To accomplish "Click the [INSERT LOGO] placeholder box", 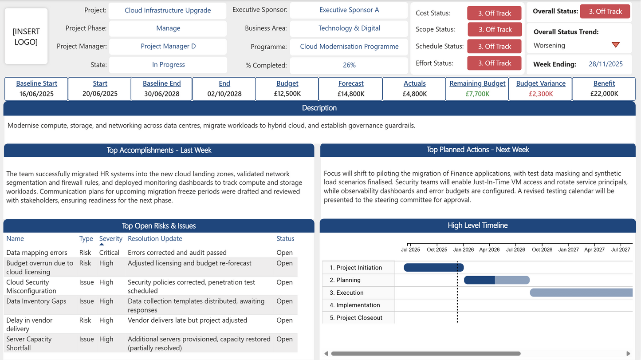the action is point(26,36).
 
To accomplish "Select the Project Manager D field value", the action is point(168,46).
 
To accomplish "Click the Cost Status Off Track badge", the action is point(494,13).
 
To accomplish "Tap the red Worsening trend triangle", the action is point(615,45).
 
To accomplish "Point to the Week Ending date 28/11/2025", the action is point(606,64).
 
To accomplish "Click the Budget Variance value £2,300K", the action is point(541,94).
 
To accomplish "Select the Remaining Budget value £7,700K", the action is point(477,94).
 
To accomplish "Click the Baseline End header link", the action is point(161,83).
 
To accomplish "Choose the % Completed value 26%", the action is point(349,65).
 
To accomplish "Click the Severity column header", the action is point(110,238).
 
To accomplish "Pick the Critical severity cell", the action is point(109,253).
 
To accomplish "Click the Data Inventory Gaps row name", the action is point(36,301).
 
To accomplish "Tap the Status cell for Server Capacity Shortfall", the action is point(284,339).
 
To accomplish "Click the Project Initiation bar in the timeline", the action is point(433,267).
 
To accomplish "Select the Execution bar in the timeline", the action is point(581,293).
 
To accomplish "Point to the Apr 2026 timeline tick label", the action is point(489,249).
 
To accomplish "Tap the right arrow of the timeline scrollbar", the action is point(628,354).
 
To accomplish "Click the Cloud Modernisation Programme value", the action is point(349,46).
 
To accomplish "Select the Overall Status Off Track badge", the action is point(605,12).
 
